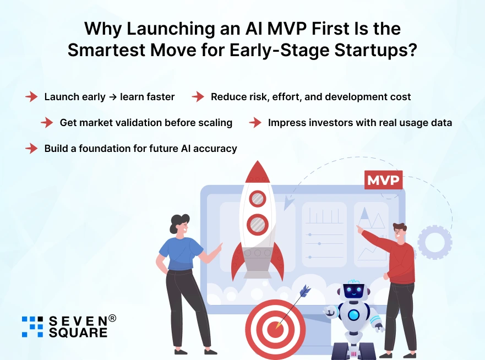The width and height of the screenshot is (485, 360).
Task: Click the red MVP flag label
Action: [383, 181]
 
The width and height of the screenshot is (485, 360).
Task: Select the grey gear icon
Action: [434, 242]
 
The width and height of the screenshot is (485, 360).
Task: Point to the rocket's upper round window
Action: [257, 198]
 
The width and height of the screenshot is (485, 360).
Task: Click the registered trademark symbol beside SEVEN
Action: [112, 318]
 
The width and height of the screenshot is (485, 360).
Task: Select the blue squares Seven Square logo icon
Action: [32, 326]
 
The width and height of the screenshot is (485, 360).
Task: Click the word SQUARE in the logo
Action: [78, 332]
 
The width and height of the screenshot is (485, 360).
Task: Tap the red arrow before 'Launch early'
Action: [31, 97]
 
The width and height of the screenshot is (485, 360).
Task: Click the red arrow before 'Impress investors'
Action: [255, 123]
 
